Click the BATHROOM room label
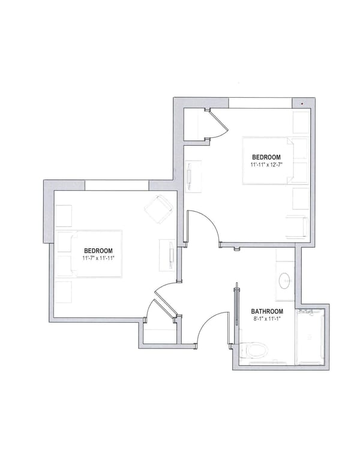pyautogui.click(x=267, y=311)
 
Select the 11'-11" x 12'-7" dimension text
pyautogui.click(x=266, y=163)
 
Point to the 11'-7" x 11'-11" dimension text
pyautogui.click(x=98, y=257)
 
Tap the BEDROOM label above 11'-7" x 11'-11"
pyautogui.click(x=98, y=250)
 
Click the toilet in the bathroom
pyautogui.click(x=252, y=349)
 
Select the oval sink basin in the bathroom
pyautogui.click(x=286, y=279)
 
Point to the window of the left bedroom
pyautogui.click(x=116, y=185)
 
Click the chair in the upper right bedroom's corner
pyautogui.click(x=298, y=227)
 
